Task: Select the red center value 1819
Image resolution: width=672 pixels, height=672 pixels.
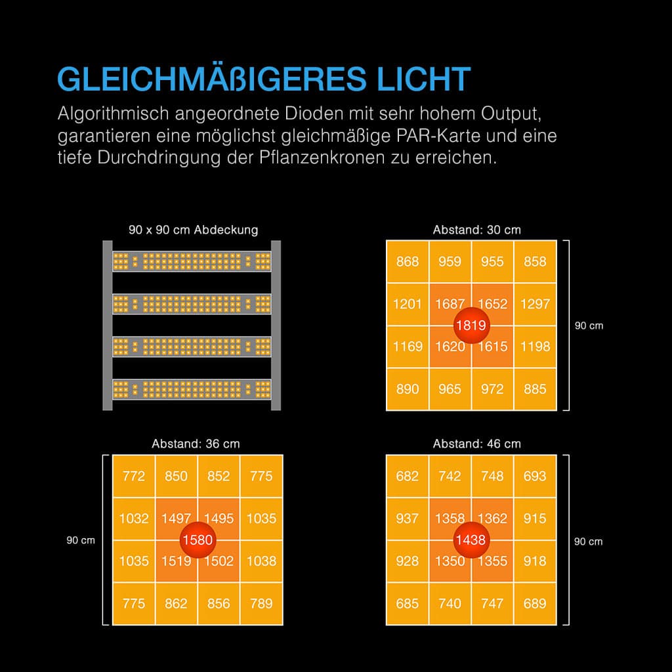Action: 471,325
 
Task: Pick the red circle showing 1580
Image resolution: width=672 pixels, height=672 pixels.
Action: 197,540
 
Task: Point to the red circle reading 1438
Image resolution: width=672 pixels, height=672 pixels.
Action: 471,540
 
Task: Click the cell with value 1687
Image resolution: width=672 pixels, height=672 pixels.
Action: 450,304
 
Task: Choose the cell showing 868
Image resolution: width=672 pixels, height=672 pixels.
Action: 408,262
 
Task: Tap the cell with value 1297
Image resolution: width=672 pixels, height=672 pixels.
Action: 535,304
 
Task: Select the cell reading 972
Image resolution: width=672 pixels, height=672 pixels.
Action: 492,388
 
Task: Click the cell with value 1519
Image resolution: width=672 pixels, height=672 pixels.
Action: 176,561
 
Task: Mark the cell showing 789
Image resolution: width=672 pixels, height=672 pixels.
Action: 261,603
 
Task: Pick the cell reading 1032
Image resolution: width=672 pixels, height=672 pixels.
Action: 134,518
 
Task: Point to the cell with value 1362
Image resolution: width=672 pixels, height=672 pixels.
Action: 492,518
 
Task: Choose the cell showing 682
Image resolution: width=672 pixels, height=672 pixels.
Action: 408,476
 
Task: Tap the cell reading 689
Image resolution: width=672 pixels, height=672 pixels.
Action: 535,603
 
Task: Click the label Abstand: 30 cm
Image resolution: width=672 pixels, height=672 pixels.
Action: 476,230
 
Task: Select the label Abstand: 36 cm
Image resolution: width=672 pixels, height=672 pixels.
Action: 196,444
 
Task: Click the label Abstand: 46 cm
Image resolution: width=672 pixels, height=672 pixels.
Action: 476,444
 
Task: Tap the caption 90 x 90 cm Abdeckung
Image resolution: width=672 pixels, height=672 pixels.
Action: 193,230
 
